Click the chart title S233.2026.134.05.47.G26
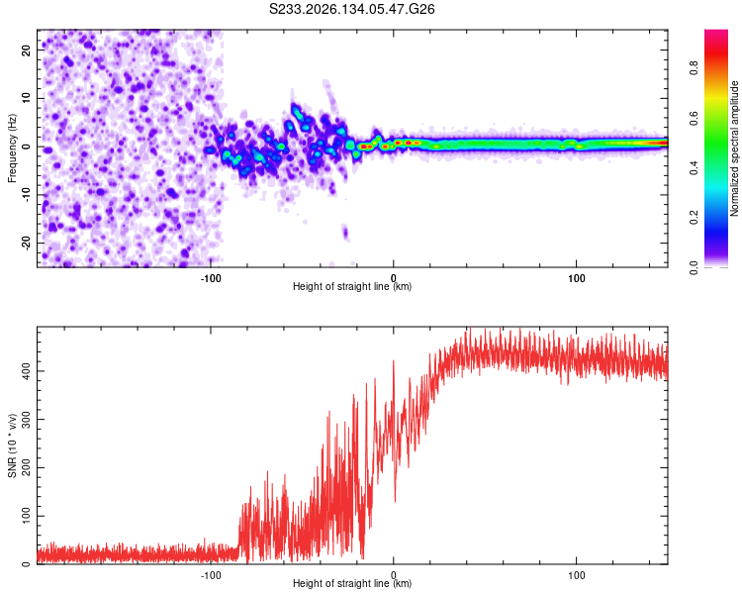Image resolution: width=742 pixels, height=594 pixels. click(351, 9)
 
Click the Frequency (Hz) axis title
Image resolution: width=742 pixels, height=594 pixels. click(12, 148)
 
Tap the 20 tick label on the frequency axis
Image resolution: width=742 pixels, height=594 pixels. click(27, 49)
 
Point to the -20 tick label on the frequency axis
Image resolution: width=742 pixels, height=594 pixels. click(27, 244)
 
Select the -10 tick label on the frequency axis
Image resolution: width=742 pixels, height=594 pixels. click(27, 195)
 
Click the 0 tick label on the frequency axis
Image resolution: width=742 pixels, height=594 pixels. click(27, 147)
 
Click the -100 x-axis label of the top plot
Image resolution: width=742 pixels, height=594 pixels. click(211, 278)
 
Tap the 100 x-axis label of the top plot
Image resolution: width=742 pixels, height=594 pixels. click(576, 278)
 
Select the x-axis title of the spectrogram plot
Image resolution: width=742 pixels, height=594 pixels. click(352, 286)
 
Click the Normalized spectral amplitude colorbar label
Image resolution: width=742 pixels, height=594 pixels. click(734, 148)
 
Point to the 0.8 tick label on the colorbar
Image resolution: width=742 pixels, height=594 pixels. click(694, 67)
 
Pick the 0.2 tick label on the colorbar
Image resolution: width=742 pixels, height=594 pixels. click(694, 218)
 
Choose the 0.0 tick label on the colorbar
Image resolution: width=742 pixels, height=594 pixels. click(694, 267)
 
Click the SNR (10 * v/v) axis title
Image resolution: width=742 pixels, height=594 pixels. click(12, 445)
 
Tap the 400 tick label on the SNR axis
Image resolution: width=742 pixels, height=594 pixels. click(27, 371)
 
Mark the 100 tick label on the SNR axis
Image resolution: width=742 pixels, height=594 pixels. click(27, 516)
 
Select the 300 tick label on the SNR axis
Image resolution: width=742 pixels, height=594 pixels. click(27, 419)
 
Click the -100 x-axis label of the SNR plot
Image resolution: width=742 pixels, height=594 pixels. click(211, 575)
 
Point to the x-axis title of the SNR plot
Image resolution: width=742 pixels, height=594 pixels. click(352, 583)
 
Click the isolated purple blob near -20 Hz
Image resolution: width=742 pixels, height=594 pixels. click(345, 233)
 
